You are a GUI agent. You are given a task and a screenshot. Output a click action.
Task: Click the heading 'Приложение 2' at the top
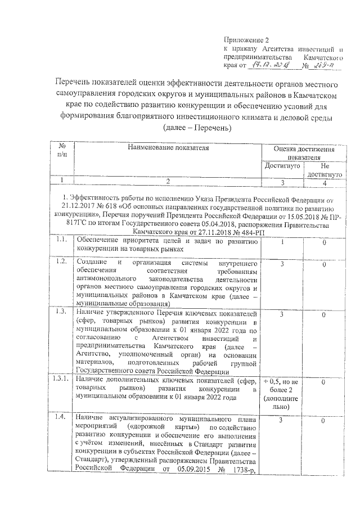pos(243,39)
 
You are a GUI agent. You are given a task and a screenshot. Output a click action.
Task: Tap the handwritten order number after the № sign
pos(325,65)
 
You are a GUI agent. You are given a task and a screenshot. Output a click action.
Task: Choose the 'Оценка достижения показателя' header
pos(303,152)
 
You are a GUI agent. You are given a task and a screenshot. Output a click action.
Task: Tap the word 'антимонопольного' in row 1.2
pos(105,279)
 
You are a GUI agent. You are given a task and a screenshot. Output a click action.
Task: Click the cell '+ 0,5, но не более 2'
pos(283,385)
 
